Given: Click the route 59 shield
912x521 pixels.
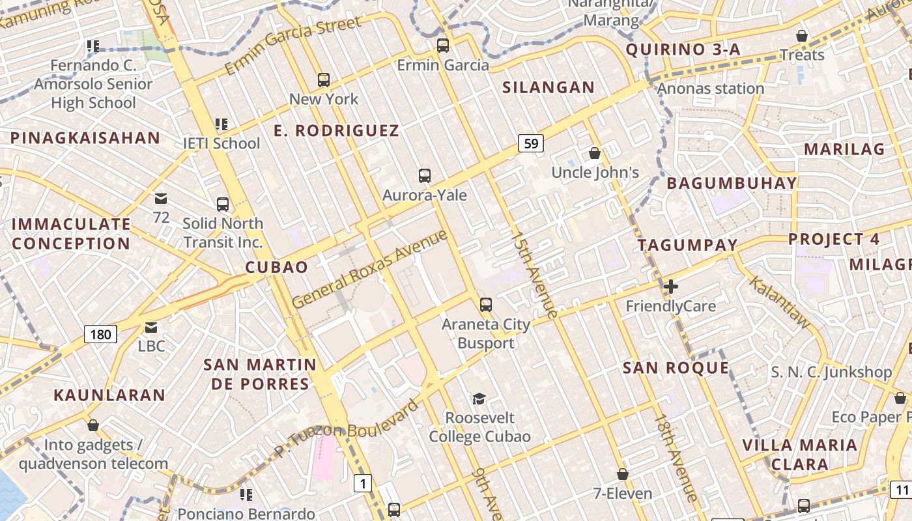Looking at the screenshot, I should (532, 143).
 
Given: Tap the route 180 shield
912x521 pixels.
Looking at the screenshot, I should (100, 335).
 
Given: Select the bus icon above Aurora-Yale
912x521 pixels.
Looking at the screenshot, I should (425, 176).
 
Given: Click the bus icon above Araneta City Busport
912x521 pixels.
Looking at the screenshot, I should (486, 304).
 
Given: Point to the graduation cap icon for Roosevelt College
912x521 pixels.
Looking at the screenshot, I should (479, 399).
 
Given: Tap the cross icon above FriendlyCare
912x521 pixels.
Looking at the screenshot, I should (670, 286).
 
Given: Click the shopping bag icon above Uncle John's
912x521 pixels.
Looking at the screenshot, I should (595, 154).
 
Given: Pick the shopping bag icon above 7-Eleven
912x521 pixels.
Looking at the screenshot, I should (623, 474).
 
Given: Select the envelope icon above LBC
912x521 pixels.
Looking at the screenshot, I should (151, 327).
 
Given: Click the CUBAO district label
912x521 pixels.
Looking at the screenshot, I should (276, 267).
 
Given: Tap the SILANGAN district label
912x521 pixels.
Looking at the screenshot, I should (549, 87).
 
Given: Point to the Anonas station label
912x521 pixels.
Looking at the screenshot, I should (711, 89).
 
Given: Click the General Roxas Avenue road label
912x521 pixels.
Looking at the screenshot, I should (370, 269).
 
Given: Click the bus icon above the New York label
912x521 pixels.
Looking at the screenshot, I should (324, 80).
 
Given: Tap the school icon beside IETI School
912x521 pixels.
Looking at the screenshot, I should (221, 124).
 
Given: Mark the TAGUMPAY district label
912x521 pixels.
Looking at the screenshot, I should (687, 245).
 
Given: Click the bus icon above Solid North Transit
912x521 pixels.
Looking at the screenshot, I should (223, 204).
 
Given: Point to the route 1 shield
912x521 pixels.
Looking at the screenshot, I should (363, 483).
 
